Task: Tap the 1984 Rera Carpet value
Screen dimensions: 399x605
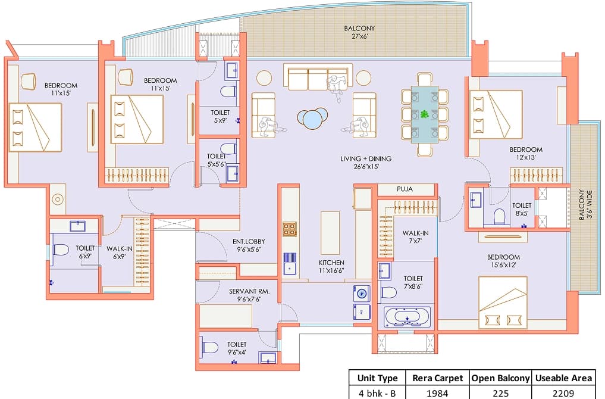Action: (438, 392)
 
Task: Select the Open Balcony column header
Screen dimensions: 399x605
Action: (500, 378)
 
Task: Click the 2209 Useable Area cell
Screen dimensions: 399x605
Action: (563, 392)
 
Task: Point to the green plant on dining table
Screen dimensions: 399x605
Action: (425, 114)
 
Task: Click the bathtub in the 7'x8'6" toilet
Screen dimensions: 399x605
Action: (408, 316)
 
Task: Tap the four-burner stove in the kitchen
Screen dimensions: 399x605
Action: (290, 229)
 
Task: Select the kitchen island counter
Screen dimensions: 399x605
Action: (330, 232)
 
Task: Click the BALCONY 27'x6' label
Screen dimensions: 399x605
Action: (359, 32)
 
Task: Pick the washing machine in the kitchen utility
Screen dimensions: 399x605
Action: (361, 294)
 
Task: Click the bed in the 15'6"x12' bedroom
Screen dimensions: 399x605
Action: (502, 302)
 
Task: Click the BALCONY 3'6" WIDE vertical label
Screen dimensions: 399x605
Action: (585, 205)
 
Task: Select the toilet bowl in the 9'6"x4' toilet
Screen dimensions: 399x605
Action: (211, 347)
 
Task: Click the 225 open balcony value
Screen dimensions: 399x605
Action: (500, 392)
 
